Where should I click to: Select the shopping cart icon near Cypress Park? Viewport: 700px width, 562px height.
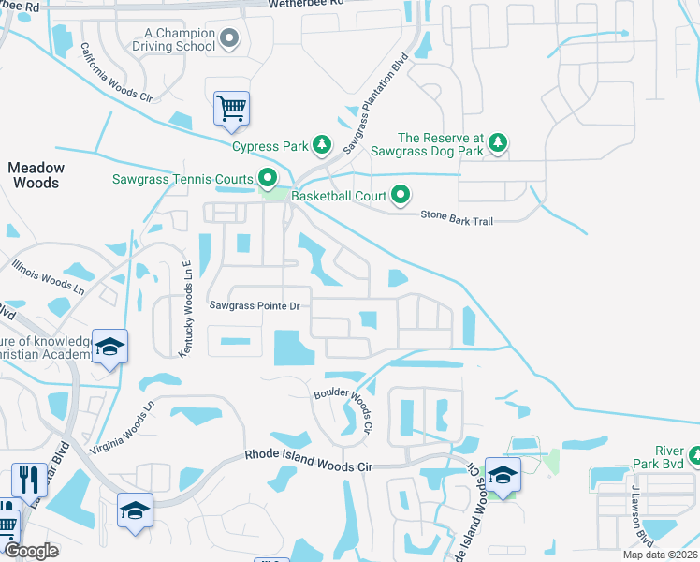click(x=231, y=107)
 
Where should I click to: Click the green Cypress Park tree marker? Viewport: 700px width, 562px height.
click(x=322, y=144)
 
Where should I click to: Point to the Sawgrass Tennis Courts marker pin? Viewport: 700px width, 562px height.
click(x=268, y=178)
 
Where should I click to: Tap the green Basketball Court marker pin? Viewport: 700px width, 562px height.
click(x=401, y=196)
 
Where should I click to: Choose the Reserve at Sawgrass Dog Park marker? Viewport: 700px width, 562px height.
click(x=499, y=142)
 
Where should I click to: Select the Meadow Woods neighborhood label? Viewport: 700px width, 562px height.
click(x=36, y=175)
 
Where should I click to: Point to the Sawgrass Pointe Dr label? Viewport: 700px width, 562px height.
click(x=254, y=305)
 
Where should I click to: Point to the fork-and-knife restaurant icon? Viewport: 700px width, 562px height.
click(x=28, y=480)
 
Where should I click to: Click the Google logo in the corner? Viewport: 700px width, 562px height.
click(x=31, y=551)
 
